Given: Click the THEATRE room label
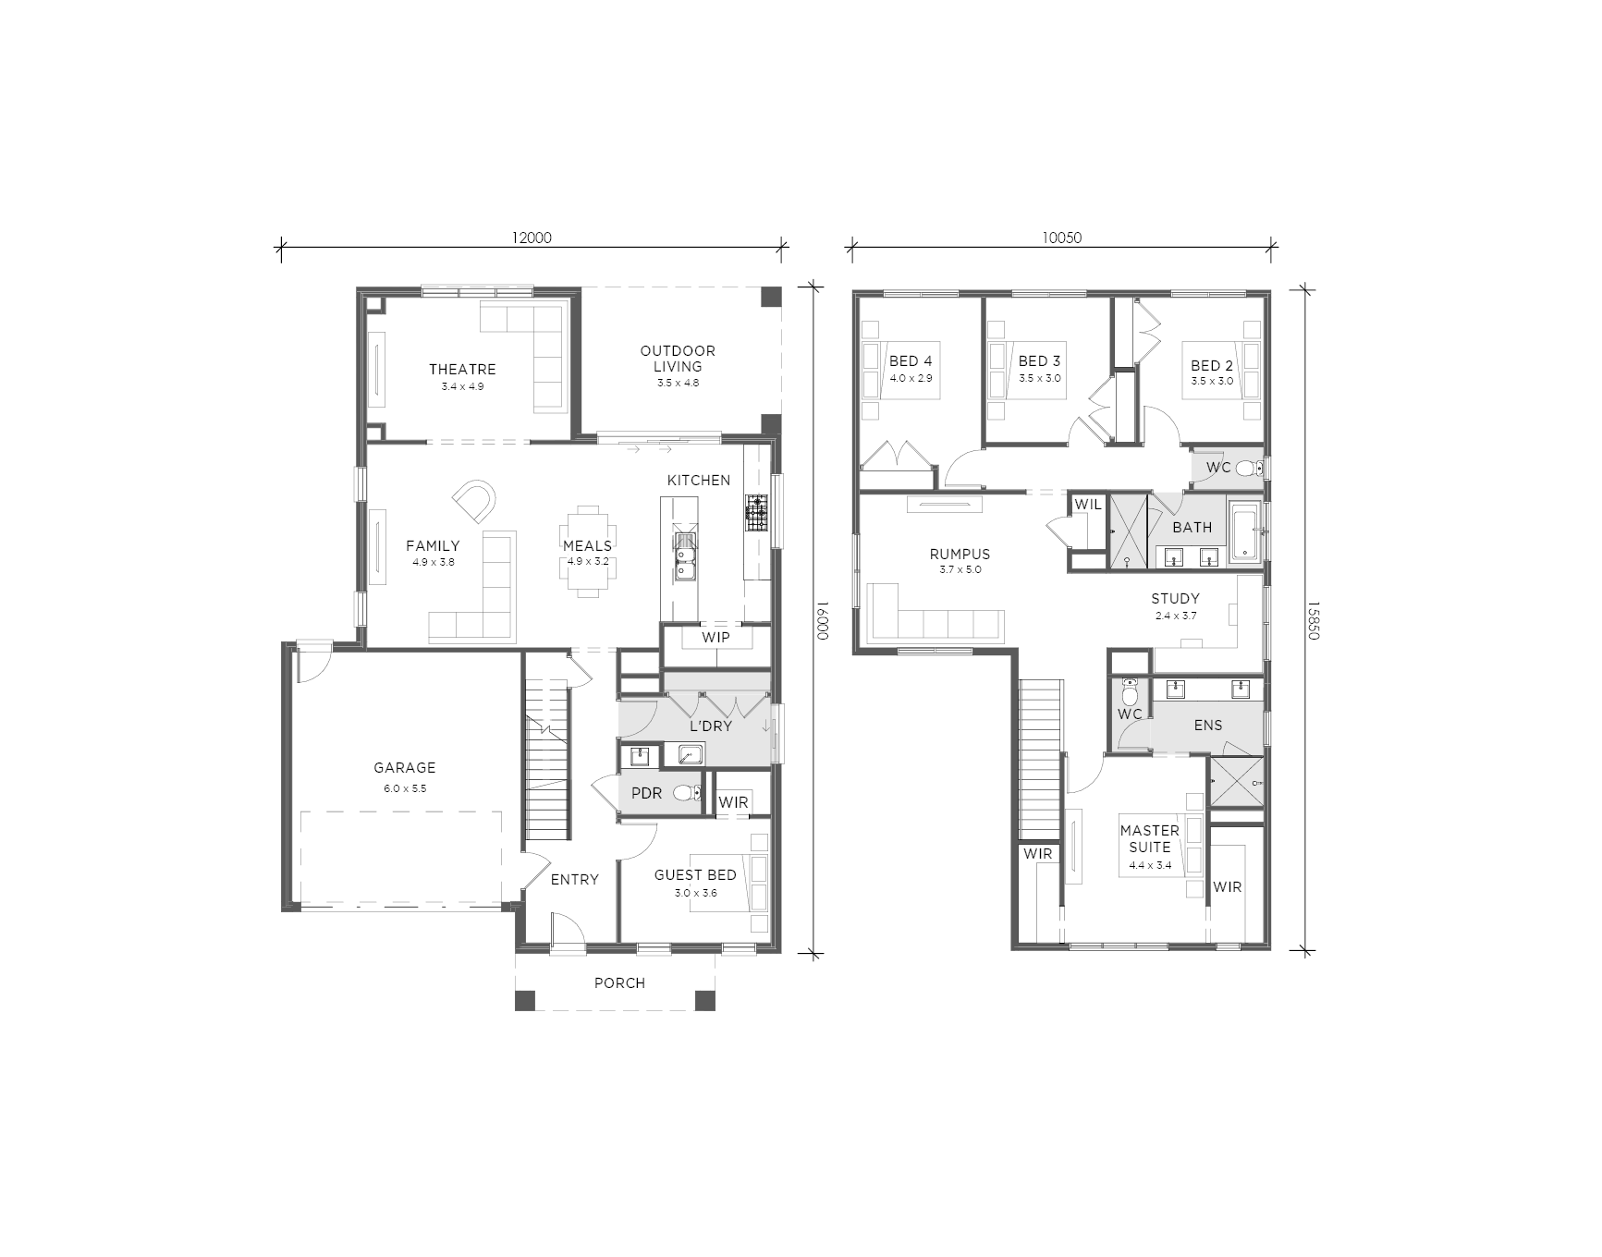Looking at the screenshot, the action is coord(462,370).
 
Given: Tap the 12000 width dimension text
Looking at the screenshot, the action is coord(531,238).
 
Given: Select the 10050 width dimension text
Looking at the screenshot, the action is coord(1061,238).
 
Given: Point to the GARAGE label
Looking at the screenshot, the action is coord(404,767).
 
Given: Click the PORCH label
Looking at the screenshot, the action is coord(619,982).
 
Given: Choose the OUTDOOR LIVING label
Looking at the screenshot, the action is coord(678,359).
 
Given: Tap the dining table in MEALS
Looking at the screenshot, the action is coord(588,551).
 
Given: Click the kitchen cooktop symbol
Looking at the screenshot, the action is coord(757,513).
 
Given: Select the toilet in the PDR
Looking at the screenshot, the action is coord(686,793).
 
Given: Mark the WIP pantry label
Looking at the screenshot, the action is coord(715,637).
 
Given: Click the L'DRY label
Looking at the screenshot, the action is coord(710,726).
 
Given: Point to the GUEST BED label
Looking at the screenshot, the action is coord(695,875).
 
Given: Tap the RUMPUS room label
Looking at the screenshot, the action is coord(960,555).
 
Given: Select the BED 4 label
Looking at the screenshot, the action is coord(911,361).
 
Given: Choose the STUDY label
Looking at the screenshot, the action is coord(1175,599).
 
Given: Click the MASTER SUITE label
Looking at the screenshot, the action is coord(1150,838).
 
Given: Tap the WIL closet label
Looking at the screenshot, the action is coord(1088,505).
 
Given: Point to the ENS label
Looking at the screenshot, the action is coord(1208,726).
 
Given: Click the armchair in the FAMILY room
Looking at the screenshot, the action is coord(474,500).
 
